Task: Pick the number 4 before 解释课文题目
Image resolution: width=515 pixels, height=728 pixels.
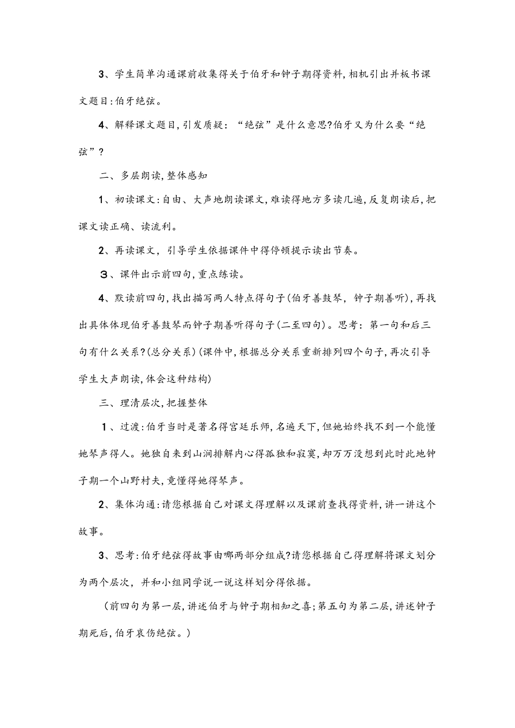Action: pyautogui.click(x=101, y=126)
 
